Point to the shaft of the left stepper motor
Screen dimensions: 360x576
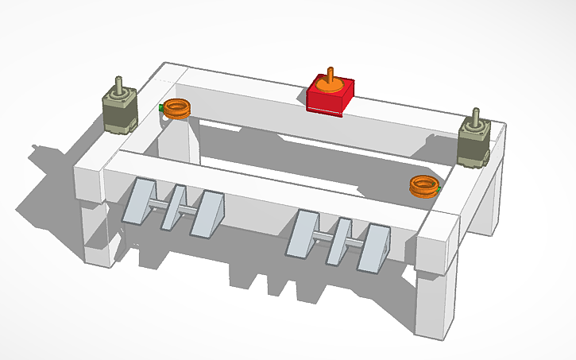coord(119,84)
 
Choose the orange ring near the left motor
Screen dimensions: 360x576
coord(177,108)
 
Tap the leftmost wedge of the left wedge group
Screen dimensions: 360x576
coord(142,202)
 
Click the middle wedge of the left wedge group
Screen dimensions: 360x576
coord(175,208)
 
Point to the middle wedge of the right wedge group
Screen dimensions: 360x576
coord(340,239)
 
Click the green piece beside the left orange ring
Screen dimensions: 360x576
coord(162,106)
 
